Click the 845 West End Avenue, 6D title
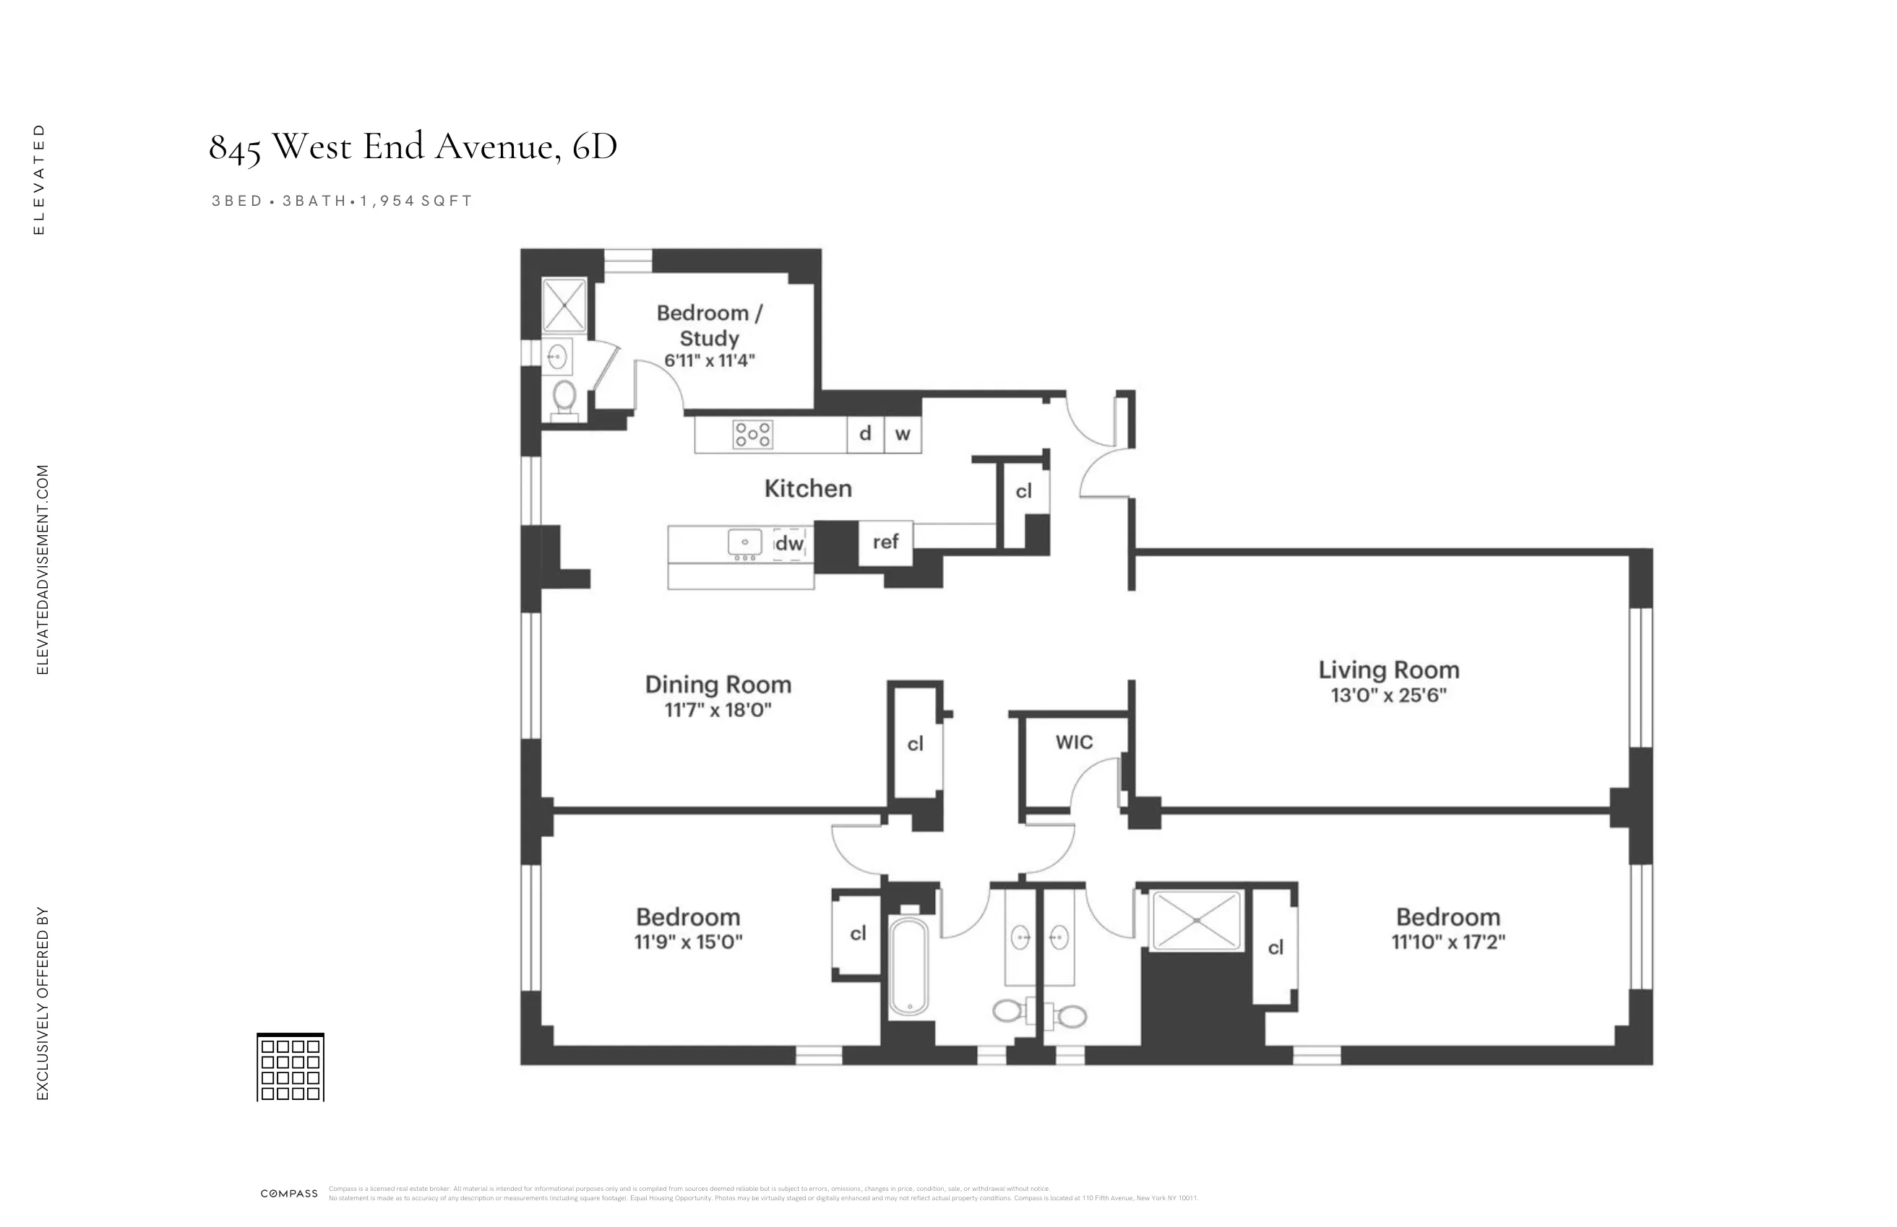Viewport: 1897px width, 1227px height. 413,147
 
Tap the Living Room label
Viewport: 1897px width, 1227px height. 1388,670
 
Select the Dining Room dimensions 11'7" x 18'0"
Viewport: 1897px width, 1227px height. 718,710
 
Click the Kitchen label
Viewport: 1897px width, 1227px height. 807,488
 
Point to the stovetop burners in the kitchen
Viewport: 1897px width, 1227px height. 752,435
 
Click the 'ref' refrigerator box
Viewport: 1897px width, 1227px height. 885,542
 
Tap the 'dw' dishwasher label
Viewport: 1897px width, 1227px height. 789,543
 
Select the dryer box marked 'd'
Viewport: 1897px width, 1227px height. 865,434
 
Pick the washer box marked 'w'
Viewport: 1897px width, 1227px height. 903,434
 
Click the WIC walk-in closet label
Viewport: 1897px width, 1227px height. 1074,742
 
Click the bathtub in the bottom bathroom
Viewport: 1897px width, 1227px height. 908,967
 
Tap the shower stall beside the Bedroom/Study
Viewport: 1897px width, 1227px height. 564,305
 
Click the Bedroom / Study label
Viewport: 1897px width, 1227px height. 709,325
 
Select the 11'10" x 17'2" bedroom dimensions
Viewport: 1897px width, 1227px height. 1448,942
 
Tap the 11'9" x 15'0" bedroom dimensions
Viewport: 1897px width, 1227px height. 688,942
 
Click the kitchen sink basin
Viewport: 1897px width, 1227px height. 744,542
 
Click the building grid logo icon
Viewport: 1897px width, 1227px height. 290,1067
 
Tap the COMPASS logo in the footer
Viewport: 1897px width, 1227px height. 289,1194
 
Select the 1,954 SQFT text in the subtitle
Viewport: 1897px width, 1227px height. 417,201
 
